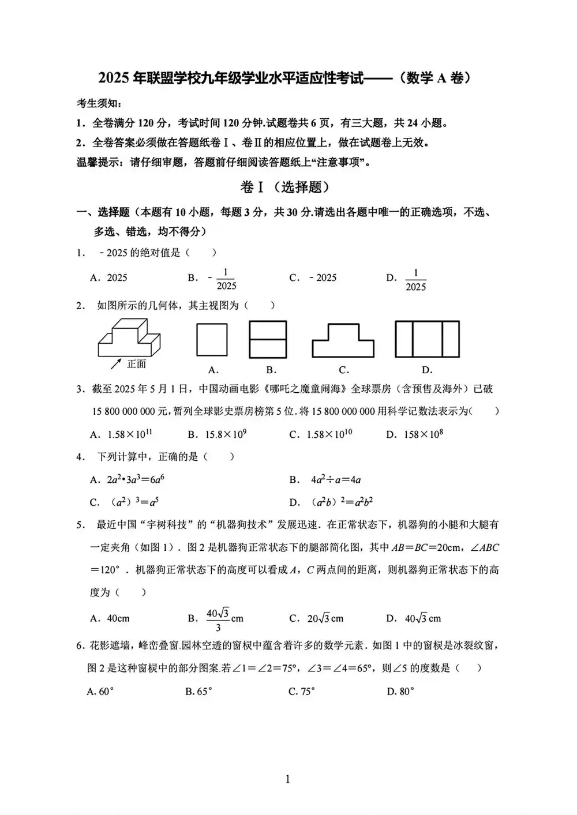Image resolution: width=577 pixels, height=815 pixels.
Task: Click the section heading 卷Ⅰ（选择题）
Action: tap(287, 187)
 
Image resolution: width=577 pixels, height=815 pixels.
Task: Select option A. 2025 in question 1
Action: tap(109, 277)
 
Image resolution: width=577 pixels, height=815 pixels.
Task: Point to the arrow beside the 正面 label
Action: tap(116, 363)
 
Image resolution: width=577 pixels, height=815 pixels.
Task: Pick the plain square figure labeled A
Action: tap(212, 340)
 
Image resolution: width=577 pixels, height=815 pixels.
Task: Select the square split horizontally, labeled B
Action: tap(268, 340)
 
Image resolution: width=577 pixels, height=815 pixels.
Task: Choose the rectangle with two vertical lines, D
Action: tap(427, 340)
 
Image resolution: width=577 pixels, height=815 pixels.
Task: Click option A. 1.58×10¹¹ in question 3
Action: tap(122, 434)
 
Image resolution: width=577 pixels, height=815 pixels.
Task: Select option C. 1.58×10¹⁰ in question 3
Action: tap(321, 434)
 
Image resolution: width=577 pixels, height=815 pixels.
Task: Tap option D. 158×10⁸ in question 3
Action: tap(415, 434)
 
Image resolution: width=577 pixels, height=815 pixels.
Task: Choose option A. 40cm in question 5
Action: tap(110, 618)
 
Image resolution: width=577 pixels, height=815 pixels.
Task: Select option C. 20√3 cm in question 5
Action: tap(316, 618)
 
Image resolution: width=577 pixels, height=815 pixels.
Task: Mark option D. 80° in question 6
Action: tap(400, 691)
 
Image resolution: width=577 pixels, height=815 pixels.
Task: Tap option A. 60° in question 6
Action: tap(100, 691)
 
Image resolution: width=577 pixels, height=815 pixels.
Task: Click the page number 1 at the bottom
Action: tap(287, 780)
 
